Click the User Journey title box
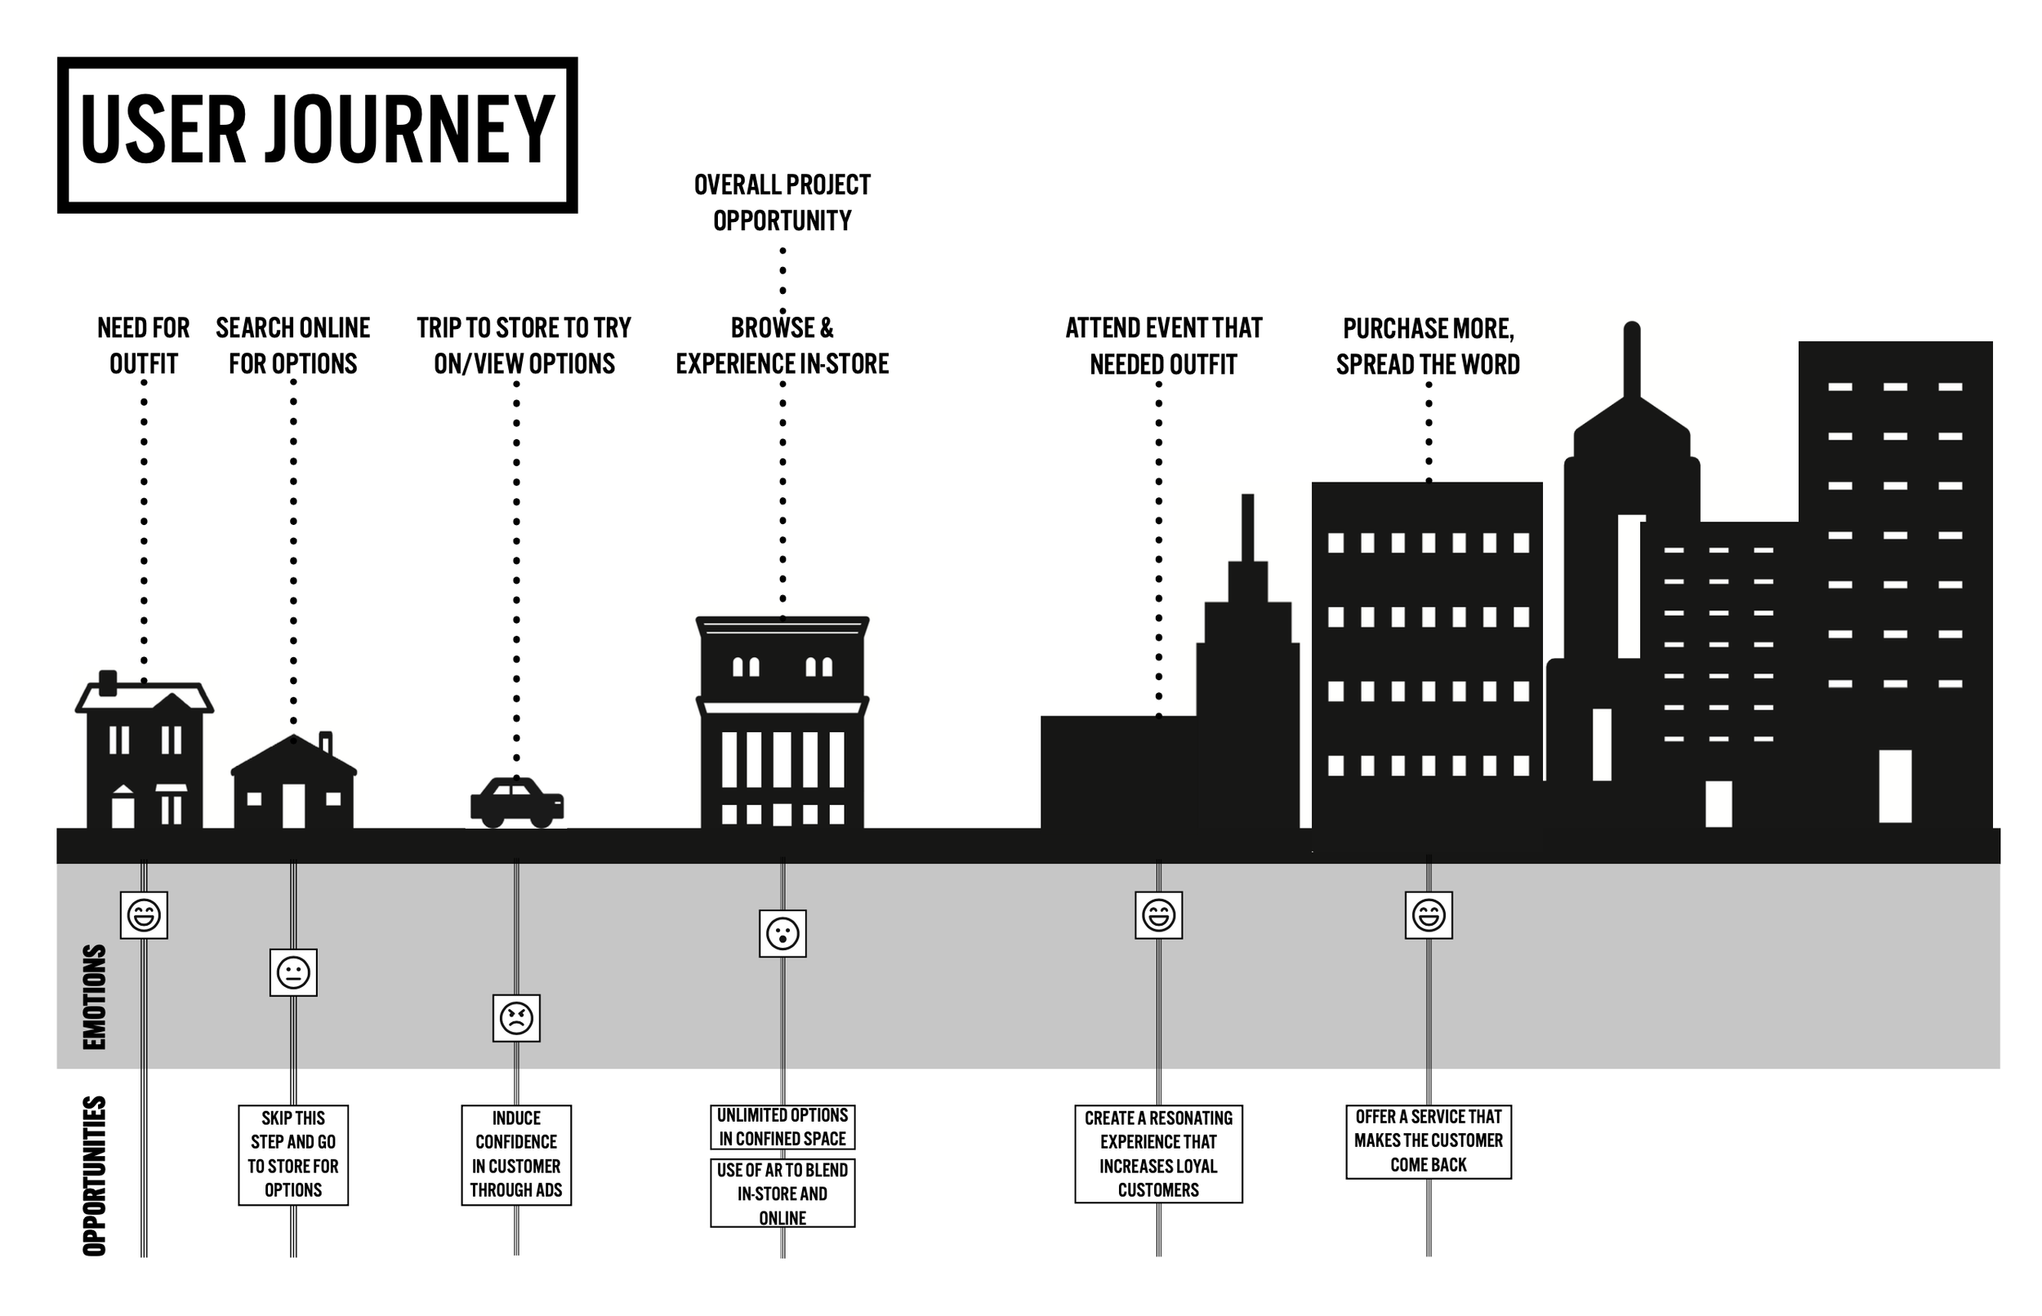tap(317, 135)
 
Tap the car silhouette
tap(516, 803)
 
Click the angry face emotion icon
tap(516, 1018)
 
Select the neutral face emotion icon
tap(293, 972)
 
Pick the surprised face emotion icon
tap(782, 933)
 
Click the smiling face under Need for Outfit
tap(144, 915)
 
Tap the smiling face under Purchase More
tap(1429, 915)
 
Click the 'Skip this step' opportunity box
tap(293, 1154)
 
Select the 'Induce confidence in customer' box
tap(516, 1154)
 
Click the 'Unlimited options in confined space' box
tap(782, 1127)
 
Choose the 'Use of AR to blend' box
tap(782, 1193)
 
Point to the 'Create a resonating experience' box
tap(1158, 1154)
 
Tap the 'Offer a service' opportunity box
tap(1429, 1141)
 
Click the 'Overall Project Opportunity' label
tap(782, 202)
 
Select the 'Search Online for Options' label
tap(293, 346)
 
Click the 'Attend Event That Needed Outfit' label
tap(1163, 346)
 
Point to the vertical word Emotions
tap(94, 997)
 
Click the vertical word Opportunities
tap(94, 1176)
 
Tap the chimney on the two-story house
tap(108, 682)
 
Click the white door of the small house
tap(293, 805)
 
